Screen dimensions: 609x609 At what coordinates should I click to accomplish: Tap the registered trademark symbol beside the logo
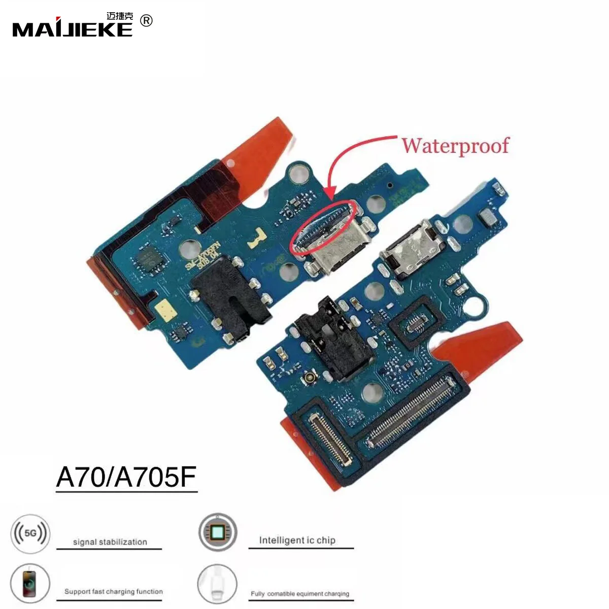pos(146,21)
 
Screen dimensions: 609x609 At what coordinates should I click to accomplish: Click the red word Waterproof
pos(455,146)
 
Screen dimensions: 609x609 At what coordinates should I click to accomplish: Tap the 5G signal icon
pos(30,533)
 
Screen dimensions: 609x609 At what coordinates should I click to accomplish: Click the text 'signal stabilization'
pos(110,542)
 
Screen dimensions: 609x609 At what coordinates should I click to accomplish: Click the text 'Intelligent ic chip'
pos(297,540)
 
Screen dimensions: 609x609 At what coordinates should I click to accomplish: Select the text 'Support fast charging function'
pos(113,592)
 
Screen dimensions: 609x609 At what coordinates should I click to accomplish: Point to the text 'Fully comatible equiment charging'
pos(300,594)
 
